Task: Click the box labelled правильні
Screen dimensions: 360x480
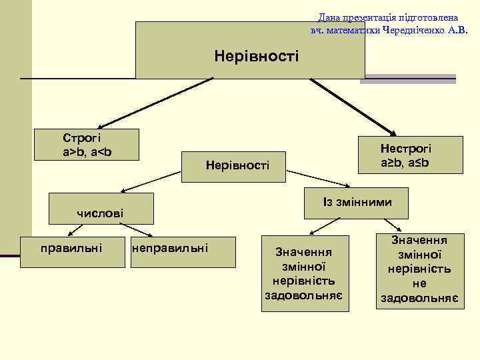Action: pyautogui.click(x=71, y=249)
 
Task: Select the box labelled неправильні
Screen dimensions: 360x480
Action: pyautogui.click(x=170, y=249)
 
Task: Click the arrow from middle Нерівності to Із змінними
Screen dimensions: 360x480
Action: pyautogui.click(x=319, y=179)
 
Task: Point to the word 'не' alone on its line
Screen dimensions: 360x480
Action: pyautogui.click(x=419, y=283)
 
